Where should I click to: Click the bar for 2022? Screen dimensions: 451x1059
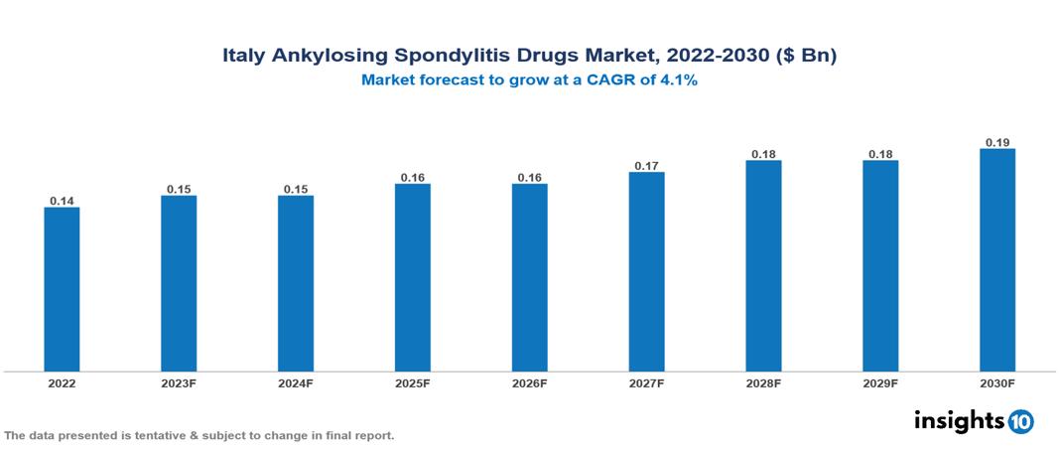point(62,288)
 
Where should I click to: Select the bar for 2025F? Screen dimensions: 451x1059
point(412,277)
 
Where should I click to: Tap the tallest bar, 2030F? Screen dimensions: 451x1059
point(997,259)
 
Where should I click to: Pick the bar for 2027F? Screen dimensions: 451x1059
point(646,271)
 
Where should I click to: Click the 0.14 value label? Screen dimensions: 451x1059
point(62,201)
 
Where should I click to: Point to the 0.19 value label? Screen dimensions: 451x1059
point(997,142)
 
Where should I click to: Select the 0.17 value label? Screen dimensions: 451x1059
point(646,165)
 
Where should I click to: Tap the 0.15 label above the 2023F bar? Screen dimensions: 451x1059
point(179,189)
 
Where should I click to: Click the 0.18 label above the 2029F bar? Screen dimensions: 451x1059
point(880,154)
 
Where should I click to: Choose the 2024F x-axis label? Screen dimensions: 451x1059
point(296,382)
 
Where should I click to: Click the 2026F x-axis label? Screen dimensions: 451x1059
point(529,382)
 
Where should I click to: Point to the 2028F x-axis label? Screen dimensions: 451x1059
point(763,382)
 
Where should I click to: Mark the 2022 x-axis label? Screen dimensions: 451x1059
point(62,382)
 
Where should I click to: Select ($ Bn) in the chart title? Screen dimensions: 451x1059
point(803,57)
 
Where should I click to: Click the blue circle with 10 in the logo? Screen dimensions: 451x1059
point(1020,421)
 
